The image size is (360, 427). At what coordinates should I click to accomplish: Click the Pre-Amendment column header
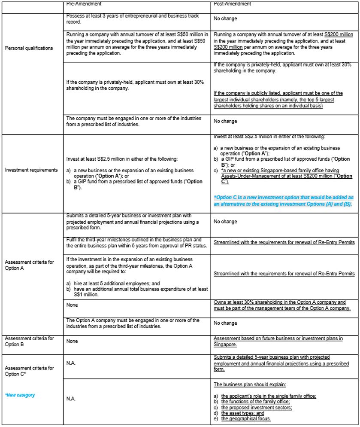tap(84, 4)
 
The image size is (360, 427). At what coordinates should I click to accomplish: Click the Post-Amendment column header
tap(232, 4)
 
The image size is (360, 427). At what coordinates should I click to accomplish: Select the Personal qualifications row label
tap(29, 48)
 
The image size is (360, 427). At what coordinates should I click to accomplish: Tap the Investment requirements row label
tap(31, 170)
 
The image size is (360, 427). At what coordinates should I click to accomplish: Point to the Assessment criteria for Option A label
tap(29, 265)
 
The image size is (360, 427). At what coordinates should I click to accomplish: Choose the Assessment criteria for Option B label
tap(29, 341)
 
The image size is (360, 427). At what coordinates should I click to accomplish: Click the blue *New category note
tap(20, 395)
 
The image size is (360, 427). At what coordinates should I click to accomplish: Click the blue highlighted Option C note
tap(283, 201)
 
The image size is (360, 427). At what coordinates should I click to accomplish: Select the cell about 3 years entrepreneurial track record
tap(133, 18)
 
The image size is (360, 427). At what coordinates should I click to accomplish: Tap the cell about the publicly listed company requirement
tap(278, 99)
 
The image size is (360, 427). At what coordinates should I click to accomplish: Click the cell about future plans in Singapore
tap(278, 341)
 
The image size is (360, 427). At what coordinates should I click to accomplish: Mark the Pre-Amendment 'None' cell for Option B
tap(73, 341)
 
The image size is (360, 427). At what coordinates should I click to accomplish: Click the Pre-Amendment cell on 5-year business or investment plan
tap(133, 222)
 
